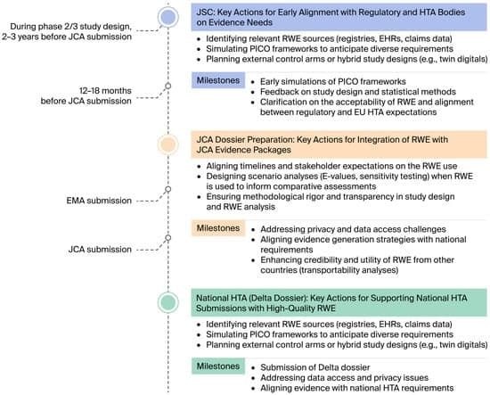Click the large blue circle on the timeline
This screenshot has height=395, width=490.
pos(167,16)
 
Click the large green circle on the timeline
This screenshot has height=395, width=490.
pos(167,300)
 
